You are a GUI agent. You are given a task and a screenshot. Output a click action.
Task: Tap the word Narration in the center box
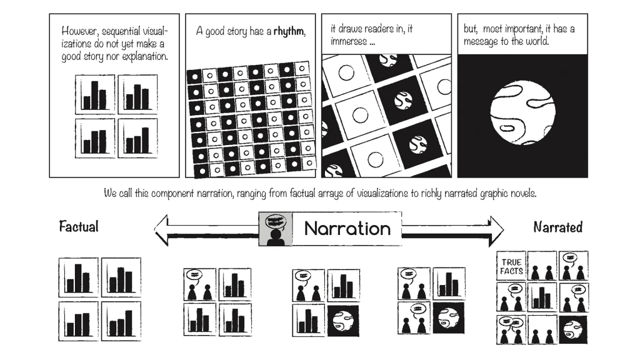(x=347, y=229)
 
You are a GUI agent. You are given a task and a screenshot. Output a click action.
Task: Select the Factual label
(x=79, y=226)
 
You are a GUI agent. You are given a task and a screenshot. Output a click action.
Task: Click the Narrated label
(x=558, y=227)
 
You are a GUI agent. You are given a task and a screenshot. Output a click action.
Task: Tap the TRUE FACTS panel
(x=511, y=266)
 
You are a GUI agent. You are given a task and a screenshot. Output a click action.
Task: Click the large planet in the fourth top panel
(x=522, y=115)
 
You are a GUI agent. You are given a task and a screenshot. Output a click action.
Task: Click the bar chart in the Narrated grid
(x=542, y=297)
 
